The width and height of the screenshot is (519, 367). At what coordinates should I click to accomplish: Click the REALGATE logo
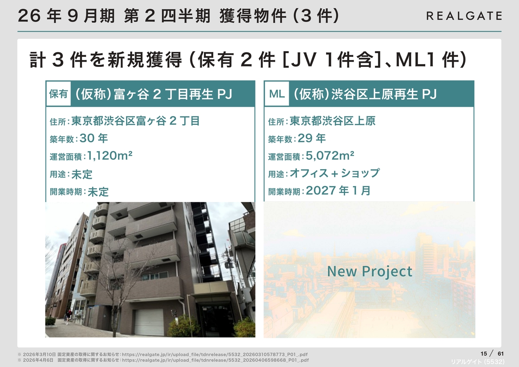click(x=464, y=16)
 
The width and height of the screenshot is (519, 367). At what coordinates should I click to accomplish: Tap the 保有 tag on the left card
click(x=58, y=94)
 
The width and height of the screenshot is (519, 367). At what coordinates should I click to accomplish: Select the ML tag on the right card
click(x=277, y=94)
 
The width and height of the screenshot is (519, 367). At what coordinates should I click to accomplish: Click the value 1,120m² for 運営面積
click(x=109, y=155)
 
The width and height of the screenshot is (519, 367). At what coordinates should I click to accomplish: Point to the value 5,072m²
click(x=330, y=155)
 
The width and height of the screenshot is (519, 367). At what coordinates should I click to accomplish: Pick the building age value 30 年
click(x=94, y=138)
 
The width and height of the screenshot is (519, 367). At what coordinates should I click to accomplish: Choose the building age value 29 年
click(x=312, y=138)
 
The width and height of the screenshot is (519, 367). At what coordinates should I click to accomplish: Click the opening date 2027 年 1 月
click(x=338, y=191)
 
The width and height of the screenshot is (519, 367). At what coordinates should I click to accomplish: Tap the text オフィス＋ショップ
click(x=335, y=173)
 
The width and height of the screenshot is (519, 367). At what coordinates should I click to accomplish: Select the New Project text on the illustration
click(x=370, y=271)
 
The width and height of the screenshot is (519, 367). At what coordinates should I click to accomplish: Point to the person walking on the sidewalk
click(x=67, y=317)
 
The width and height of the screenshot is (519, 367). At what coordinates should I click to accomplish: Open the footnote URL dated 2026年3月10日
click(x=215, y=354)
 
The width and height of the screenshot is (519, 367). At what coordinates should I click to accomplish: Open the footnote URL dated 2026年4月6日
click(x=215, y=360)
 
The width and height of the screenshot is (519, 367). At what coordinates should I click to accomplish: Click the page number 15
click(x=484, y=354)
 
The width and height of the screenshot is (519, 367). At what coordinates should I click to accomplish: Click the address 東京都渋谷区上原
click(x=332, y=121)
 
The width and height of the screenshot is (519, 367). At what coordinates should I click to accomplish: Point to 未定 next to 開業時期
click(x=98, y=192)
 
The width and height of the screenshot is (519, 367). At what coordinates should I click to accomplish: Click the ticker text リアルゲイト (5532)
click(x=478, y=362)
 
